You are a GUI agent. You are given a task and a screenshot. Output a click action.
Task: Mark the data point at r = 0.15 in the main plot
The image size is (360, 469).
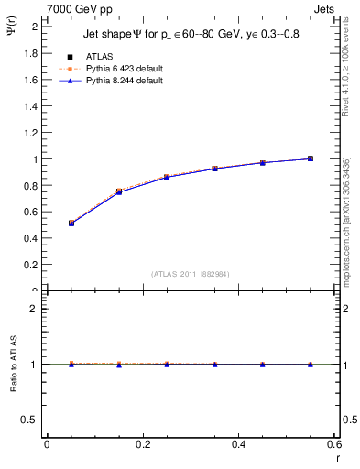coord(119,191)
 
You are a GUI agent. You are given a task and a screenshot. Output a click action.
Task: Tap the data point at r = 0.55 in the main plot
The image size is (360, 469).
coord(311,158)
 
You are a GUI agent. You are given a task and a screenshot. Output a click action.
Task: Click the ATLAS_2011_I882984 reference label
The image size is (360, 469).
coord(190,274)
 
